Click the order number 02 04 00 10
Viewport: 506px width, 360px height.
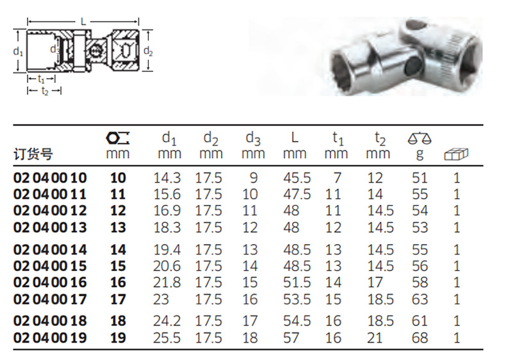click(x=50, y=178)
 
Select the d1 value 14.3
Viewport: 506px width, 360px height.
click(x=167, y=178)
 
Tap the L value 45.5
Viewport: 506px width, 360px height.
click(x=297, y=178)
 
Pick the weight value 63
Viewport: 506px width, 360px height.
click(x=420, y=299)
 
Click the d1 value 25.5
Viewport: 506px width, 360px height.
click(x=167, y=338)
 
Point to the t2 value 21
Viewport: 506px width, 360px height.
click(x=375, y=338)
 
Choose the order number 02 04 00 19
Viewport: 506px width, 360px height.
click(x=50, y=338)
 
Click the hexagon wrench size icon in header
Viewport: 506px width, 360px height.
click(x=117, y=138)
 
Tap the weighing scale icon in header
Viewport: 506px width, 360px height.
click(x=420, y=138)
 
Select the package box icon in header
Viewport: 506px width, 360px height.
click(x=456, y=154)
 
